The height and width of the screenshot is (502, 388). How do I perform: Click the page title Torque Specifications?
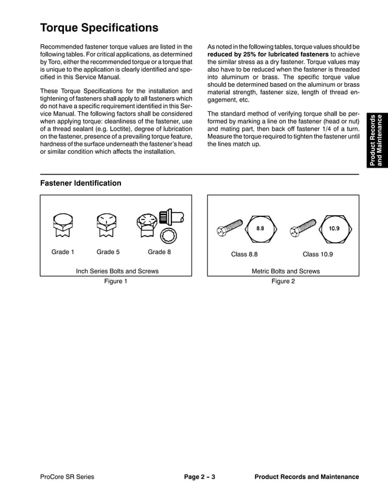[x=99, y=28]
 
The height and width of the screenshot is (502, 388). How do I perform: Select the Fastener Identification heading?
[x=80, y=183]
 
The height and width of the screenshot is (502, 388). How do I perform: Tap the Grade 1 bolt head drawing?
[x=63, y=227]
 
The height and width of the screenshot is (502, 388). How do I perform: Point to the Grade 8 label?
[x=159, y=252]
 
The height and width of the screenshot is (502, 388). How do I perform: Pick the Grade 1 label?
[x=63, y=252]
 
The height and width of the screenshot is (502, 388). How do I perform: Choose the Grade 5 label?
[x=108, y=252]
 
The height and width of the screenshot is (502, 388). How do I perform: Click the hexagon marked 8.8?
[x=260, y=229]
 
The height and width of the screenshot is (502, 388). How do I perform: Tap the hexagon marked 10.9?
[x=334, y=229]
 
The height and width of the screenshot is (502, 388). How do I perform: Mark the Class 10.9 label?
[x=317, y=254]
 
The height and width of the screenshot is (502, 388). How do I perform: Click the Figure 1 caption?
[x=116, y=281]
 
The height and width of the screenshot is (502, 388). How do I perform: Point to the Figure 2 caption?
[x=283, y=281]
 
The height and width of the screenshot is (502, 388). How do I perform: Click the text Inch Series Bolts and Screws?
[x=117, y=271]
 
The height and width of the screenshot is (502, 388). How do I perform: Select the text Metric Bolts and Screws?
[x=285, y=271]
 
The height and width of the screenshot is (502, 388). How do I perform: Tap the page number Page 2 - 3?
[x=199, y=477]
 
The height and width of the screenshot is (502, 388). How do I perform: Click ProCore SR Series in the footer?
[x=67, y=477]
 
